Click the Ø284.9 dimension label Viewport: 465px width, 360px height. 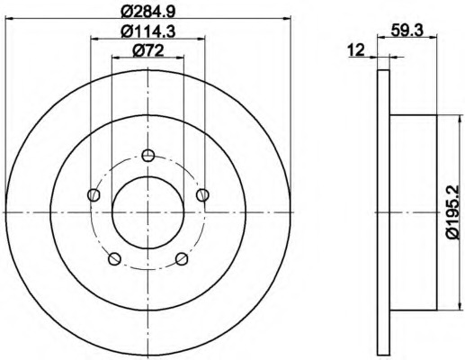[148, 12]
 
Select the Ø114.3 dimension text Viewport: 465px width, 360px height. [148, 31]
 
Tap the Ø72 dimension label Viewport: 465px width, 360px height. [148, 50]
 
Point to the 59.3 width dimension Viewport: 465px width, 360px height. [407, 31]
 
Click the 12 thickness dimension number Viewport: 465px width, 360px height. [356, 49]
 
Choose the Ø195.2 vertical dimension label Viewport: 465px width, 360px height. [452, 212]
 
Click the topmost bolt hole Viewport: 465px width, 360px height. [148, 156]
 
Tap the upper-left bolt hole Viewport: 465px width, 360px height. [94, 195]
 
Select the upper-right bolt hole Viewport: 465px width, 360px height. [202, 195]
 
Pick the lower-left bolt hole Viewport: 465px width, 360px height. [114, 259]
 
